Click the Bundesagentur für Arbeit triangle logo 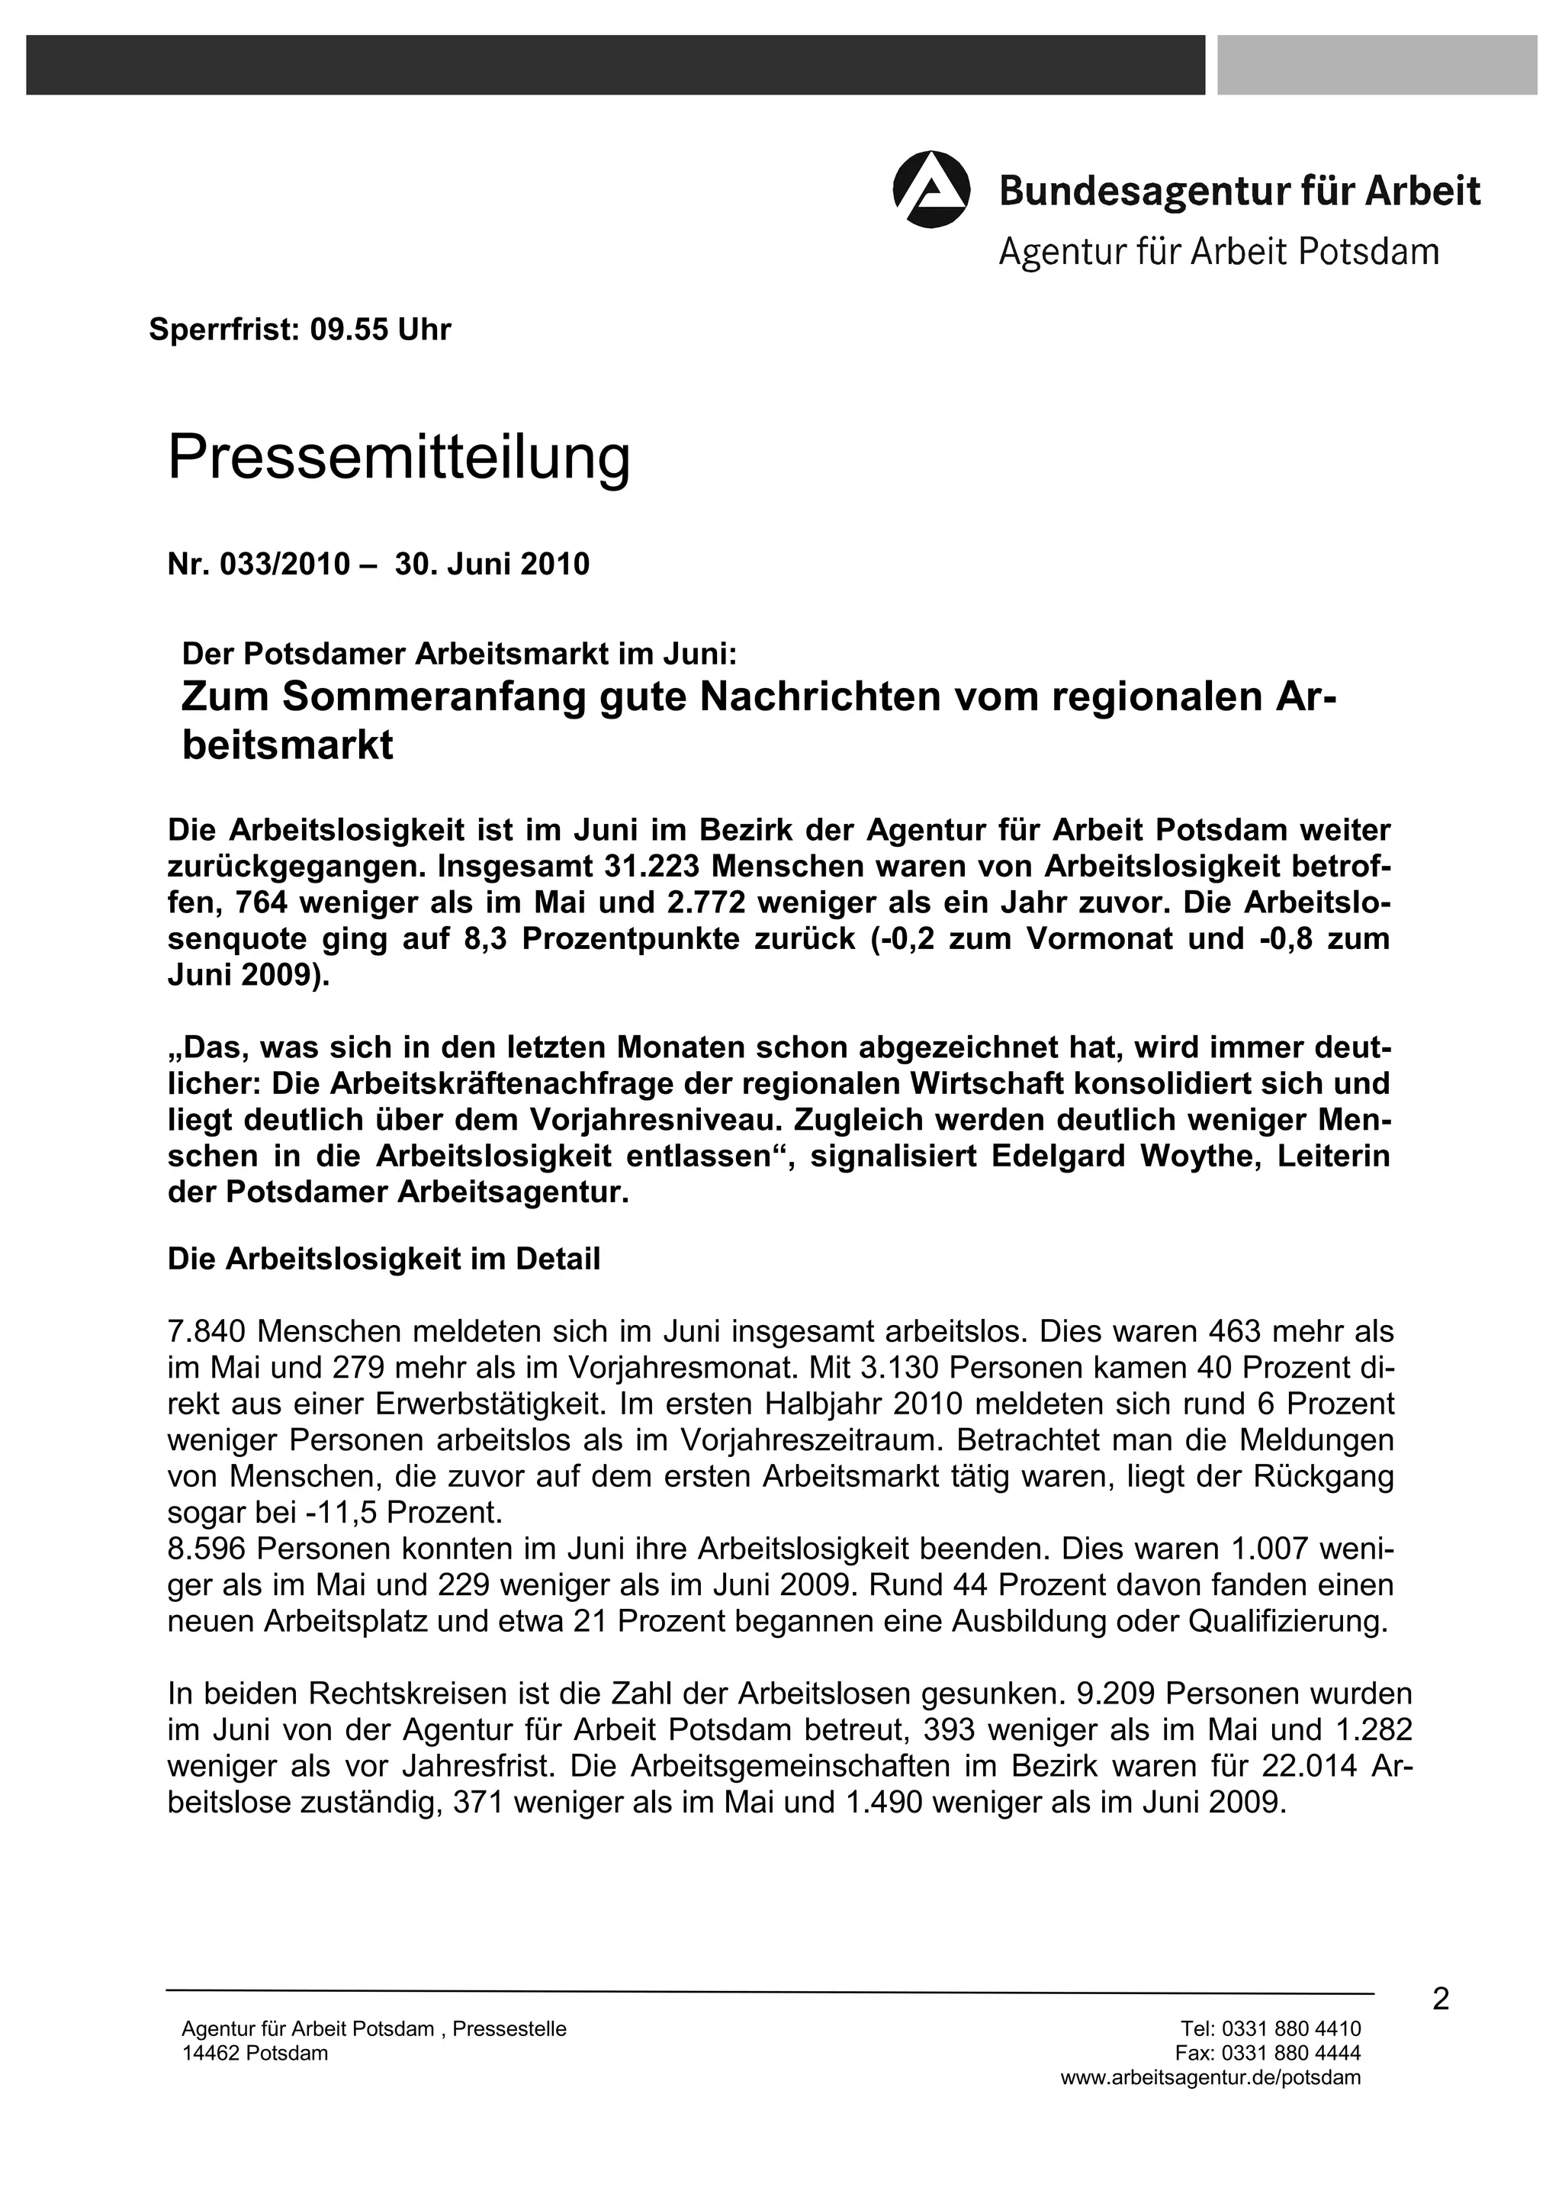click(930, 190)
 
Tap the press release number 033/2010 click(285, 564)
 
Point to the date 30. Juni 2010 click(492, 564)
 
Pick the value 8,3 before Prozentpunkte click(488, 938)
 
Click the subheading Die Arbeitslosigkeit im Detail click(383, 1259)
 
